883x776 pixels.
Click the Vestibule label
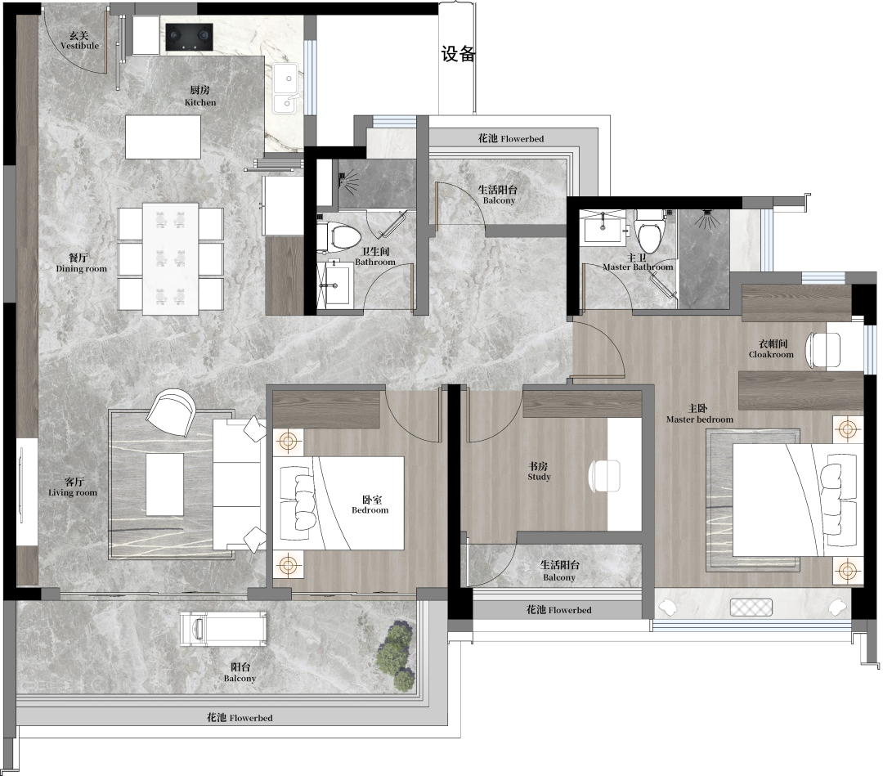tap(79, 41)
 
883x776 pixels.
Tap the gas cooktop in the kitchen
tap(189, 37)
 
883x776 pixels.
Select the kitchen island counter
tap(163, 137)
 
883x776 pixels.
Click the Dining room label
tap(81, 263)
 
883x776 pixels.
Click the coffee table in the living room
tap(165, 484)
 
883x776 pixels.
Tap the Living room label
tap(73, 487)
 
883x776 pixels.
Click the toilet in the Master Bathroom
tap(649, 231)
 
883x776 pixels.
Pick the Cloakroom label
tap(772, 348)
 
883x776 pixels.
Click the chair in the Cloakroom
tap(823, 350)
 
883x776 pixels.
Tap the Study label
tap(539, 471)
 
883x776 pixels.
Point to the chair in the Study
tap(605, 476)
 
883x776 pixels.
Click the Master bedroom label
tap(699, 413)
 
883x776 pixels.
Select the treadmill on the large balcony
tap(223, 629)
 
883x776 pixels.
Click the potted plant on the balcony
tap(397, 654)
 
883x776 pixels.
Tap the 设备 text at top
tap(459, 54)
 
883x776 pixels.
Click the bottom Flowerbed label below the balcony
tap(240, 717)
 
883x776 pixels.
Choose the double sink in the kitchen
tap(286, 88)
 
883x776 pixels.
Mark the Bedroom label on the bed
tap(370, 505)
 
